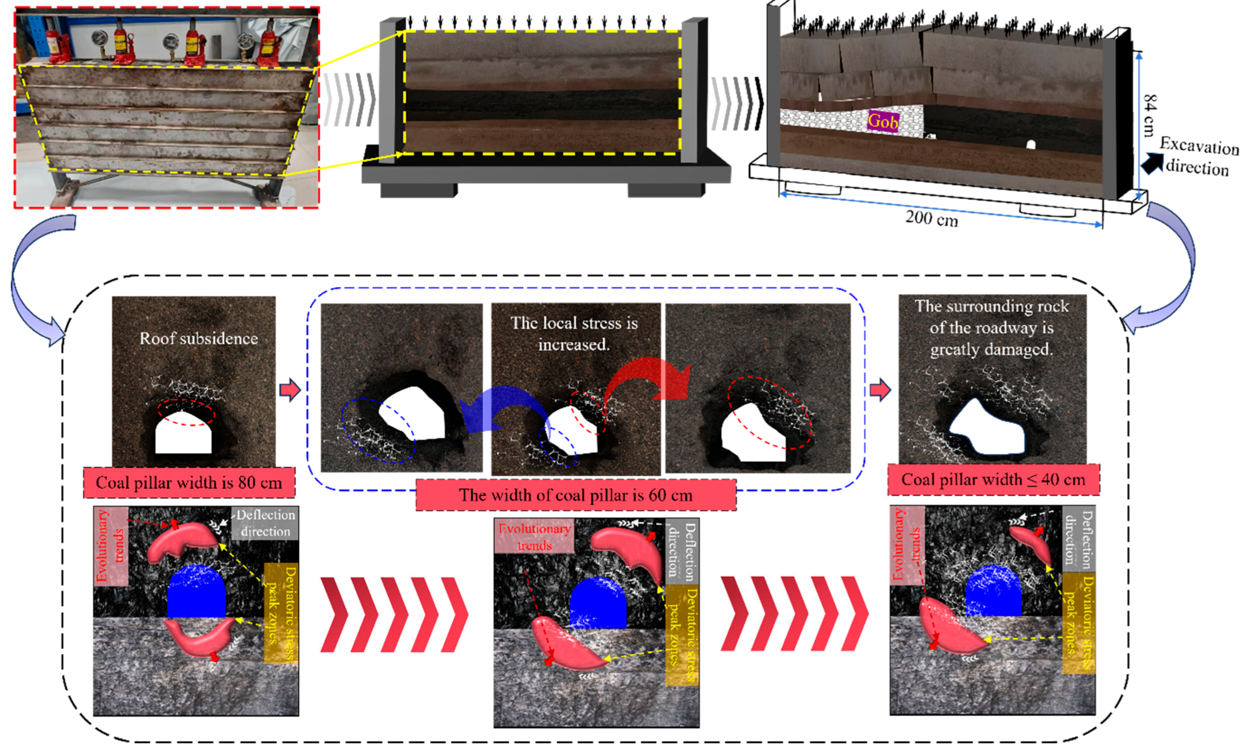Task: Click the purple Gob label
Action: point(883,121)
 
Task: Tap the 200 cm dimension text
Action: point(931,219)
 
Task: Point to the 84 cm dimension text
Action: point(1149,115)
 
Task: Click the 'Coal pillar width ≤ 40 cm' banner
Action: point(993,480)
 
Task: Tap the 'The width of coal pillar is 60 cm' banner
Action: point(576,495)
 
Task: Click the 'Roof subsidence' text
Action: point(199,338)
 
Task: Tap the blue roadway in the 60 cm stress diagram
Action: point(598,604)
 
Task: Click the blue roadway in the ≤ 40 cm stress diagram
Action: point(993,591)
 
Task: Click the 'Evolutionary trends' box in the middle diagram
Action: point(534,536)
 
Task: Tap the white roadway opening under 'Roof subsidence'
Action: point(183,434)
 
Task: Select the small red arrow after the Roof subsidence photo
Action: point(290,390)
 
